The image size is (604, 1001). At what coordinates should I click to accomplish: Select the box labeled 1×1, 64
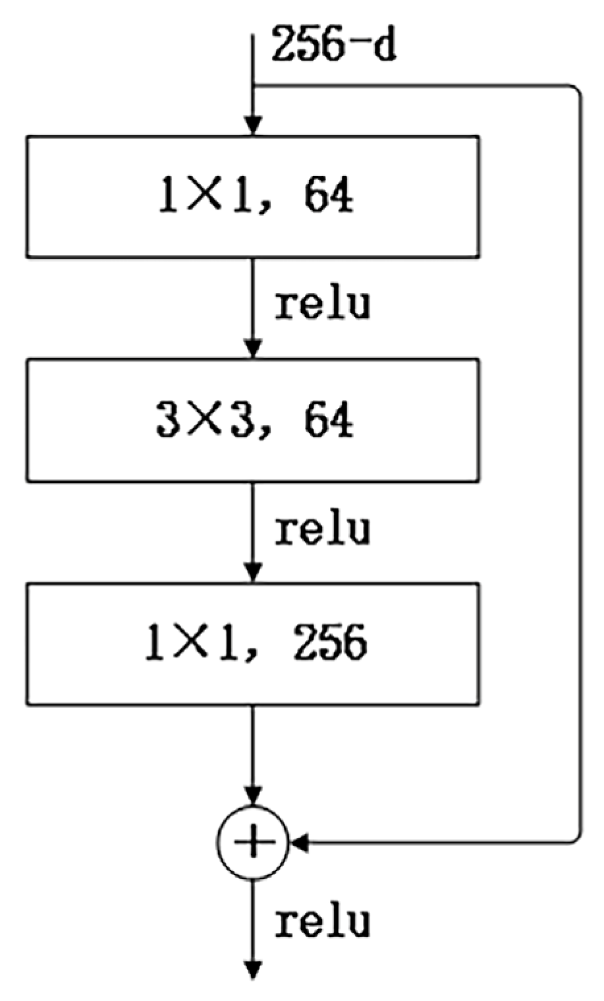coord(253,196)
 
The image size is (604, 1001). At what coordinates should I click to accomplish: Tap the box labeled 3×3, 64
coord(253,420)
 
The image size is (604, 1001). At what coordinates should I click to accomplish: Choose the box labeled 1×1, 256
coord(253,644)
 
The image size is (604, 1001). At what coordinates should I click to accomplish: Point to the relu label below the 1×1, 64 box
coord(322,305)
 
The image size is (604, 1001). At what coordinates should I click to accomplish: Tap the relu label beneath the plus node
coord(322,922)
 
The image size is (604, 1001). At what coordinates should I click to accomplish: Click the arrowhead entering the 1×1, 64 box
coord(253,126)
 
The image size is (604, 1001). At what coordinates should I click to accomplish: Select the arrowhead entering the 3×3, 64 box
coord(253,349)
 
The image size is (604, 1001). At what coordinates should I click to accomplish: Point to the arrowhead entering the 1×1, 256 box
coord(253,573)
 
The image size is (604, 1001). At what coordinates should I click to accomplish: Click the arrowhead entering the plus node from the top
coord(253,795)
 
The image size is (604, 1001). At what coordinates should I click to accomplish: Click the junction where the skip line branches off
coord(253,86)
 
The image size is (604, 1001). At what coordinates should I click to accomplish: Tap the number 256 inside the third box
coord(330,644)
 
